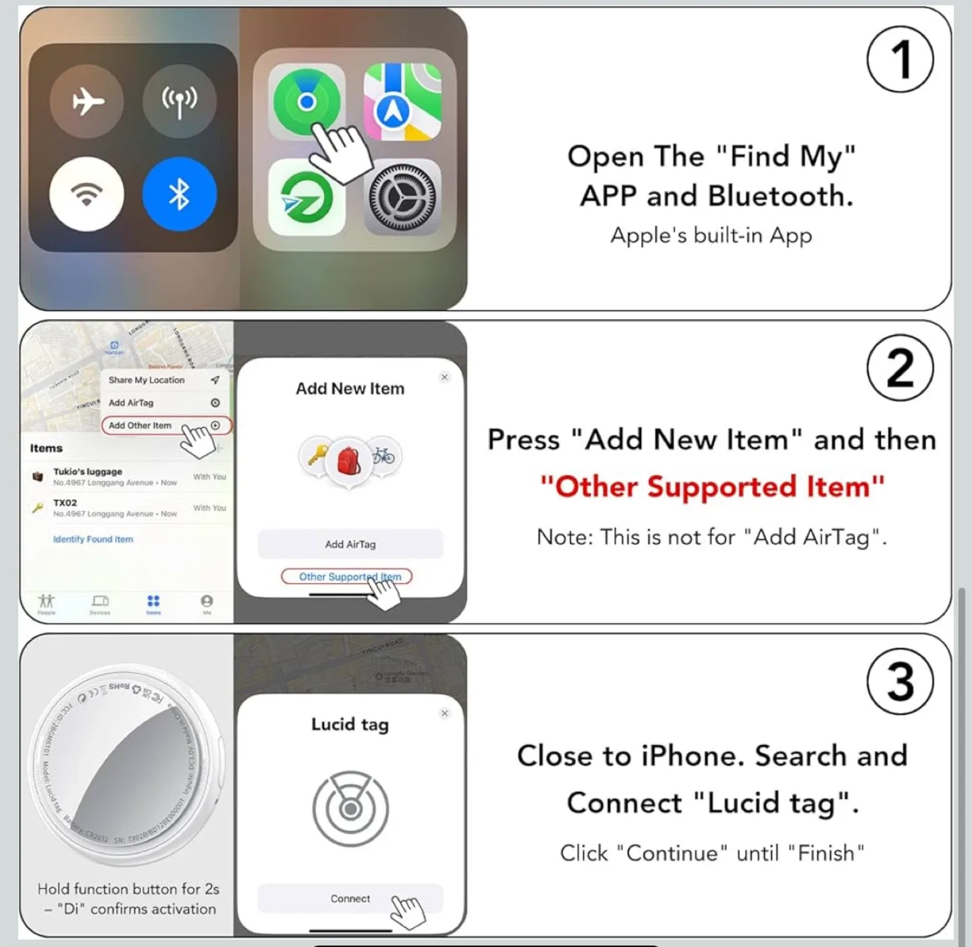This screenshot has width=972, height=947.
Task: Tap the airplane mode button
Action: point(87,102)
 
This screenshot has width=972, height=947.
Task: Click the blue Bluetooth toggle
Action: point(180,194)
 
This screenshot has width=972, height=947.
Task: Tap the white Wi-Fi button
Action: point(87,194)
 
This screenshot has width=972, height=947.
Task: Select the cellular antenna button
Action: point(180,102)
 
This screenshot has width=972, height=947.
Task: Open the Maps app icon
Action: point(402,102)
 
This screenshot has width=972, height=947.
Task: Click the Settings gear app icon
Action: point(402,196)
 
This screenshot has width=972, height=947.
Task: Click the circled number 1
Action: point(900,59)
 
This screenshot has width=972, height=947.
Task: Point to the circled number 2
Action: point(900,369)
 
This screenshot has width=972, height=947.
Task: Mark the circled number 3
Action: point(900,681)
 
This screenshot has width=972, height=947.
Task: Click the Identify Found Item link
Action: point(93,539)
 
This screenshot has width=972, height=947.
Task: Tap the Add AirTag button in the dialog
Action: point(350,544)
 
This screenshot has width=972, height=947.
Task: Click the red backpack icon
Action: point(349,460)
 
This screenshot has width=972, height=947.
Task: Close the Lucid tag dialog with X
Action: point(444,713)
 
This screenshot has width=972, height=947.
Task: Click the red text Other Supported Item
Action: point(712,487)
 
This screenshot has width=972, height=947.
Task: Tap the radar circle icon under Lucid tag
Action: point(350,808)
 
